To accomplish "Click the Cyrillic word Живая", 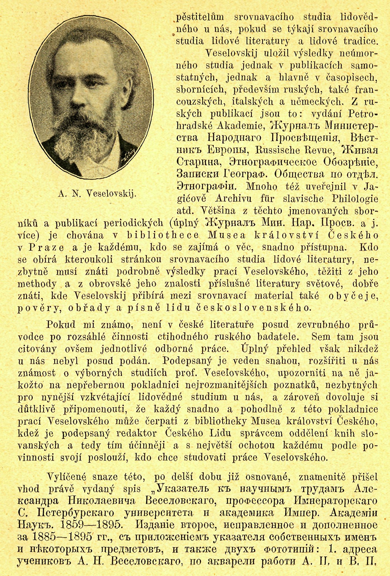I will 361,150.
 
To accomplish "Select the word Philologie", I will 355,199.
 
